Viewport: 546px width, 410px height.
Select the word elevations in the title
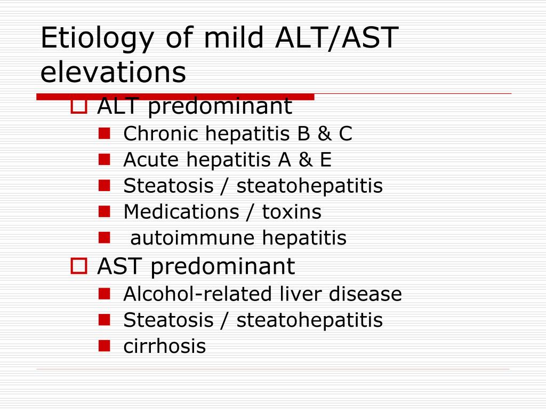click(113, 72)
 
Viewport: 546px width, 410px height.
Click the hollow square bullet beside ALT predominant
click(79, 106)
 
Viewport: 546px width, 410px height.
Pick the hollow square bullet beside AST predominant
click(79, 266)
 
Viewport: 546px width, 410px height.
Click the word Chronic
click(161, 133)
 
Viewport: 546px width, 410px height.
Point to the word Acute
click(151, 160)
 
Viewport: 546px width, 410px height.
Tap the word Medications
click(181, 211)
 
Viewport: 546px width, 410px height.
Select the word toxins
click(292, 212)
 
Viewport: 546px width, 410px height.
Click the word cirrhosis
click(165, 346)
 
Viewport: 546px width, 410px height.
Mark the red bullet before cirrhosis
click(104, 346)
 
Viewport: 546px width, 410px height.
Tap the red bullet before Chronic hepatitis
click(104, 133)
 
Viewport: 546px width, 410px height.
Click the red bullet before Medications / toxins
click(104, 211)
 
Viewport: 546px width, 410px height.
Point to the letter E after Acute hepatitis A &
click(326, 160)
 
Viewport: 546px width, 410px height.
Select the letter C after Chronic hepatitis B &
click(346, 133)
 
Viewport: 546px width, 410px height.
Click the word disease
click(365, 294)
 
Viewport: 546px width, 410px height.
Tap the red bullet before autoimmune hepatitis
click(104, 238)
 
